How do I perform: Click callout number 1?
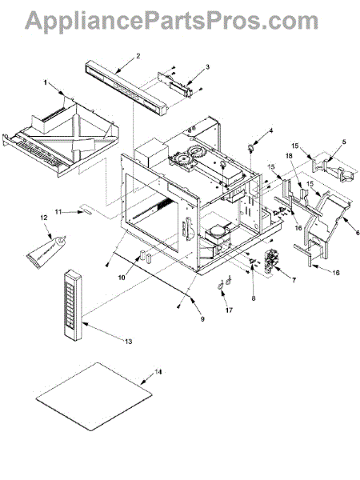[x=46, y=82]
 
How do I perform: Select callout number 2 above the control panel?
[x=138, y=56]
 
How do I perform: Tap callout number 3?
[x=207, y=66]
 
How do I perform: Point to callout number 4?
[x=271, y=131]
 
